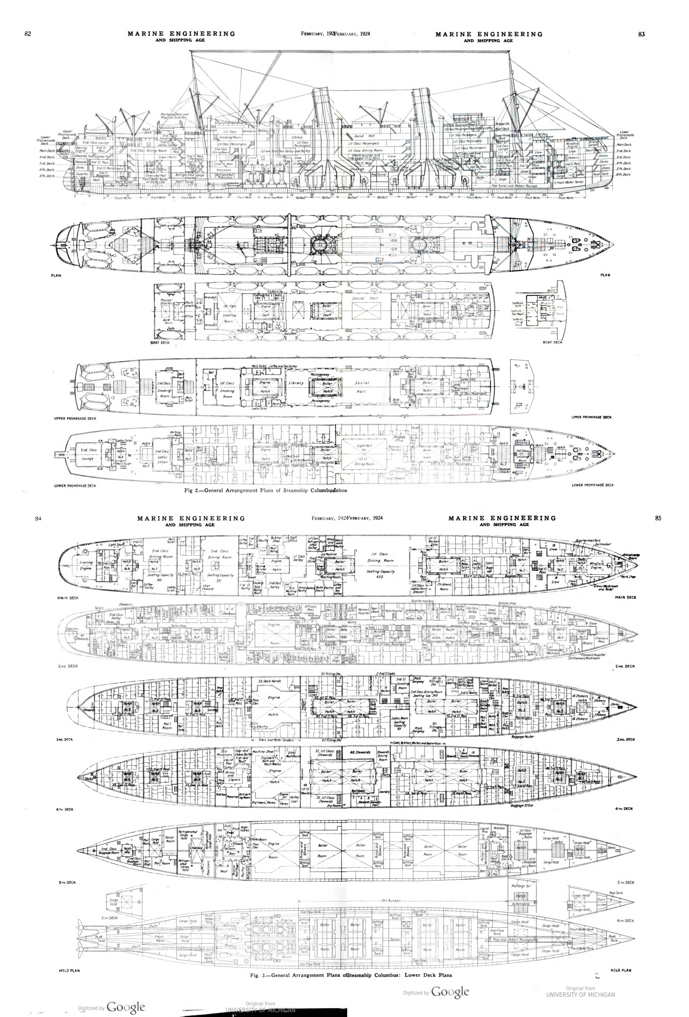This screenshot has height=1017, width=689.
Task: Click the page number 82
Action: (x=28, y=34)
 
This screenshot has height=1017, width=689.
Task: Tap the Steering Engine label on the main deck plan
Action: (x=86, y=565)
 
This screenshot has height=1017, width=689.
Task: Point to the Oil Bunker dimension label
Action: (x=391, y=901)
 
